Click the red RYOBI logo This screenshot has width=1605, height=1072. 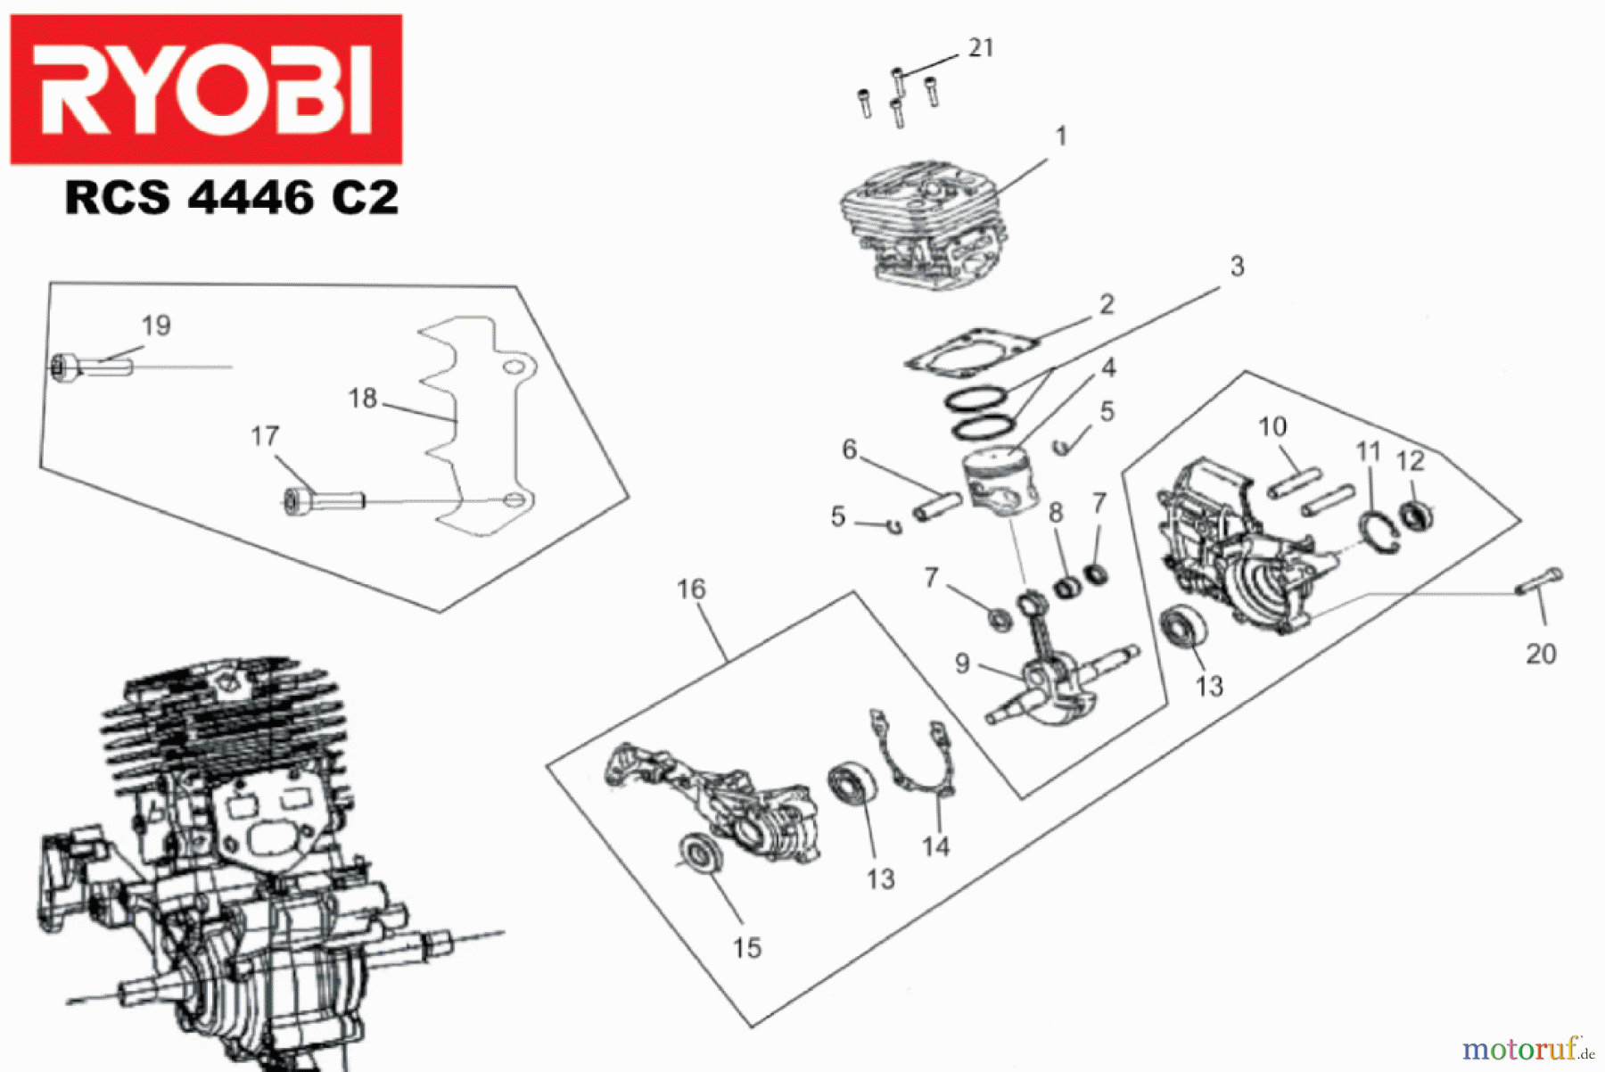click(206, 89)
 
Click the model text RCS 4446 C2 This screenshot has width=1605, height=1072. click(232, 198)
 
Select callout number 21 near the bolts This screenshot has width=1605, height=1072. click(981, 48)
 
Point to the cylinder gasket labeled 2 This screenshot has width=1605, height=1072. click(972, 352)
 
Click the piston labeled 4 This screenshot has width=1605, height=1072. click(1003, 482)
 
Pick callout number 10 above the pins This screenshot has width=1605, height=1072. click(1272, 427)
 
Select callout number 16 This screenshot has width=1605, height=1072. click(691, 590)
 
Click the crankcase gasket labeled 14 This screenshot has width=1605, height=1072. click(914, 758)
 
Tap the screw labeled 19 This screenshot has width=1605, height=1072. click(94, 367)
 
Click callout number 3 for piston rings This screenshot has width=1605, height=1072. click(1237, 267)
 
